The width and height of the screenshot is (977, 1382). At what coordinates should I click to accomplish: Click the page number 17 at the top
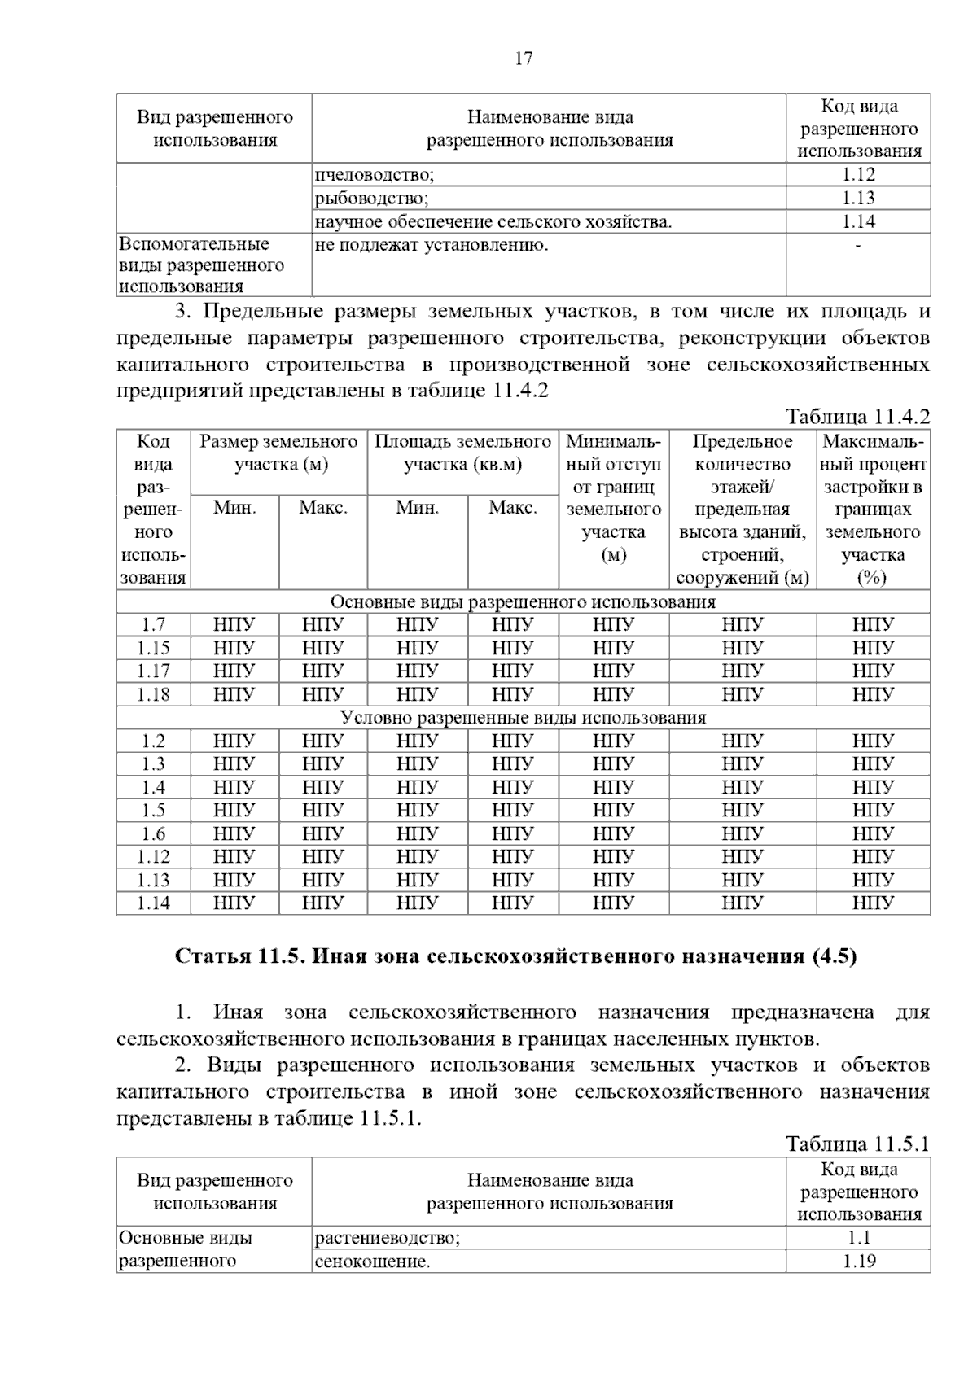pos(524,59)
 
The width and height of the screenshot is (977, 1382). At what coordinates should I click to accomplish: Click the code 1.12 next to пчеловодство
pos(858,174)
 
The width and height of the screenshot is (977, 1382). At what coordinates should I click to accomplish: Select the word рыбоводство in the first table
pos(371,198)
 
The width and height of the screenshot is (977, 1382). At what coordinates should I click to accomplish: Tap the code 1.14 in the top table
pos(858,221)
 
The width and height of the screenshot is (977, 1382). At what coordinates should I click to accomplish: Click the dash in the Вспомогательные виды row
pos(858,245)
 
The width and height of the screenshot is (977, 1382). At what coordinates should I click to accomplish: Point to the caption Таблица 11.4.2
pos(857,417)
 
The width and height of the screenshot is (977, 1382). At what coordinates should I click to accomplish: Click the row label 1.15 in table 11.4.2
pos(153,648)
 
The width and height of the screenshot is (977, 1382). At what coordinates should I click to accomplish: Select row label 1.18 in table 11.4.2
pos(153,694)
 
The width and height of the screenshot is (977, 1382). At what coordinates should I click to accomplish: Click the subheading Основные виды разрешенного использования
pos(523,601)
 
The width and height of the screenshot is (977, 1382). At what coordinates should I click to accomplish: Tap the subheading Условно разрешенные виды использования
pos(523,717)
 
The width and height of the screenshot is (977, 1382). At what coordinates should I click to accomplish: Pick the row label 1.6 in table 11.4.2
pos(153,833)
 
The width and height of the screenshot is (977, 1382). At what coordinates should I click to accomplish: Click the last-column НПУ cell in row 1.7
pos(873,624)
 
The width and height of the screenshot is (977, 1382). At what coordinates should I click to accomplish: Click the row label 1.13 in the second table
pos(153,880)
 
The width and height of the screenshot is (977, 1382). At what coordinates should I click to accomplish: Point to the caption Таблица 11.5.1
pos(857,1144)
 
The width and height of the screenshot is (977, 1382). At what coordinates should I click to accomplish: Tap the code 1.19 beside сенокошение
pos(858,1262)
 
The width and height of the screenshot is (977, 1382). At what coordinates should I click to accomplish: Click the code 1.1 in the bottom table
pos(858,1238)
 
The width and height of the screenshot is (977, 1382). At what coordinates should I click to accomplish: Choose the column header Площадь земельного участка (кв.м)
pos(462,453)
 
